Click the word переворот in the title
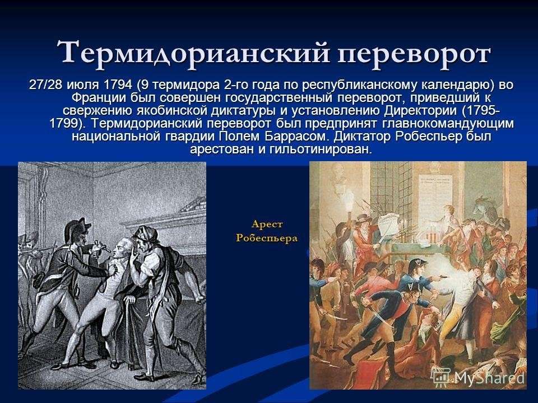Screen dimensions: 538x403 pyautogui.click(x=413, y=54)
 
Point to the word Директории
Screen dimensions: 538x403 pyautogui.click(x=420, y=111)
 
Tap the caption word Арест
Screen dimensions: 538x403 pyautogui.click(x=267, y=224)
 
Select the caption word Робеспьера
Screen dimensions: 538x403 pyautogui.click(x=267, y=238)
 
